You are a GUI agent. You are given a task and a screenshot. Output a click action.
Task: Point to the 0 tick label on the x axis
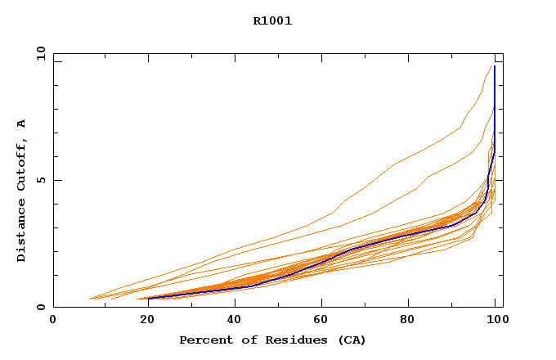coord(53,320)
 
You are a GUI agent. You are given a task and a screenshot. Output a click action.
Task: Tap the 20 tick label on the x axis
coord(143,320)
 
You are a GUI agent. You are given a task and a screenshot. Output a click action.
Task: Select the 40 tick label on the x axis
coord(233,320)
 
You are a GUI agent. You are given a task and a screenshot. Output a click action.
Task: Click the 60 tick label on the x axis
coord(323,320)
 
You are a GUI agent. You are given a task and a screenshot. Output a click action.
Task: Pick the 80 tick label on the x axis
coord(413,320)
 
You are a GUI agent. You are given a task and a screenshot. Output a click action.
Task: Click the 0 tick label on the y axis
coord(41,307)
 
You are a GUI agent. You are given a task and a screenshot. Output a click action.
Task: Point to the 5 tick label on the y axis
coord(41,180)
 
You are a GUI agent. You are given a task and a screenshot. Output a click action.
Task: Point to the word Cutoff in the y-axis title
coord(22,165)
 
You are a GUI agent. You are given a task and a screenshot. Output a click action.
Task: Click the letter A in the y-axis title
coord(22,124)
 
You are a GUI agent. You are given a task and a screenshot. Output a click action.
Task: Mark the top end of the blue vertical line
coord(495,66)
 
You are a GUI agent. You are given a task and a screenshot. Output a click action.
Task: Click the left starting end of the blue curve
coord(149,298)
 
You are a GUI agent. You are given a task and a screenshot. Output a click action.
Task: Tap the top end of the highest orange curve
coord(491,66)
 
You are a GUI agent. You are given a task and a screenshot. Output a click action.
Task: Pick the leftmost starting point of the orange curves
coord(88,299)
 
